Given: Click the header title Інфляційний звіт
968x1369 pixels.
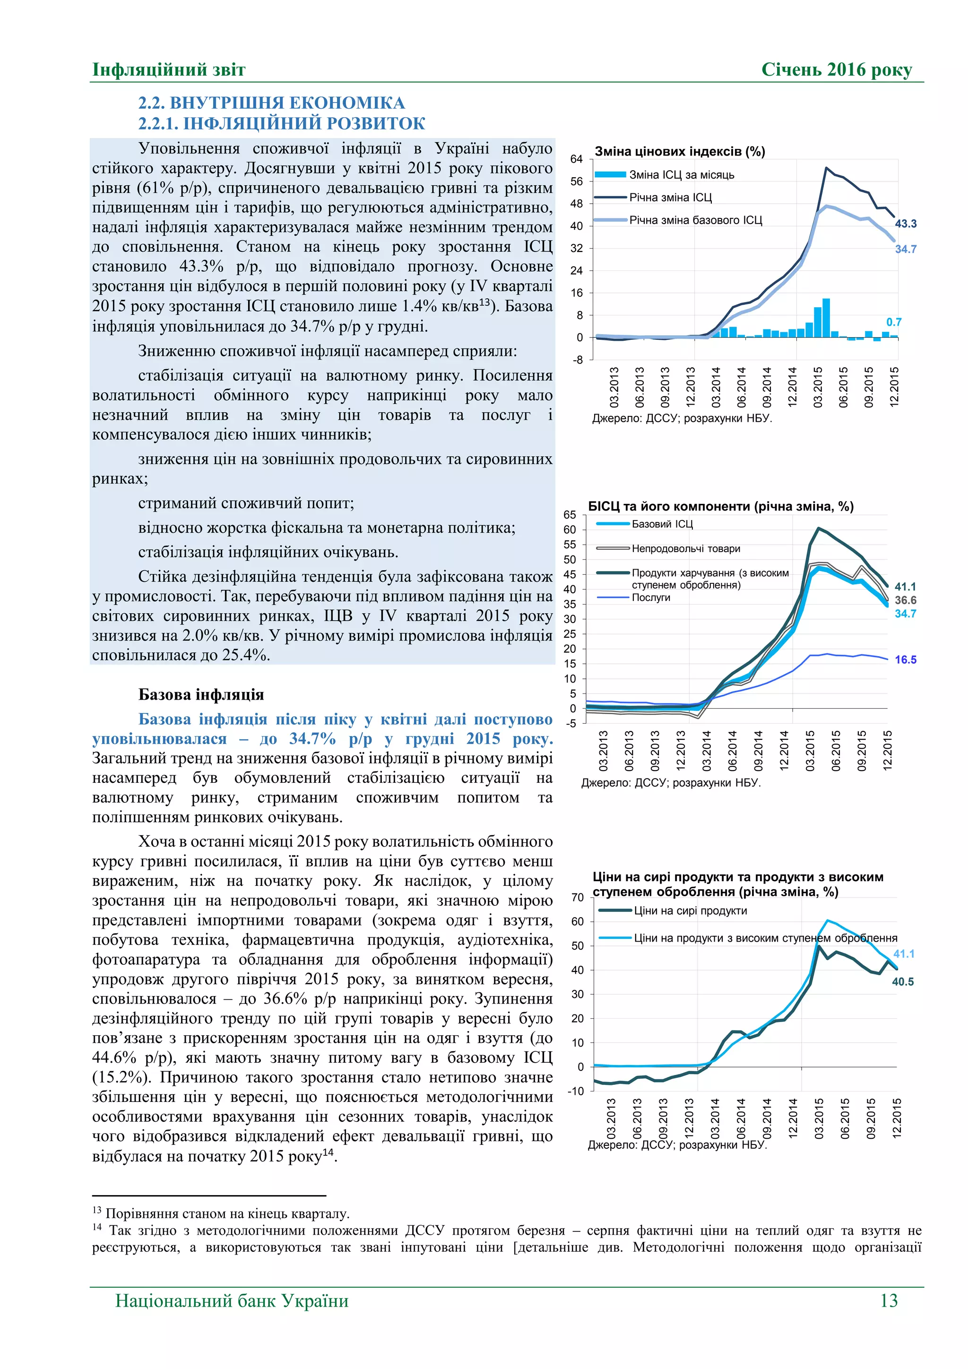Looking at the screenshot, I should coord(169,70).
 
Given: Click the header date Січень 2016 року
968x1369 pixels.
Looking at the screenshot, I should coord(836,70).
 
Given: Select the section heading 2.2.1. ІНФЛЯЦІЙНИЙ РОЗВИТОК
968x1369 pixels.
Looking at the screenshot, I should coord(281,123).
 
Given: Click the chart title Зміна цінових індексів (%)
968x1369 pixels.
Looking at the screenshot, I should coord(680,151).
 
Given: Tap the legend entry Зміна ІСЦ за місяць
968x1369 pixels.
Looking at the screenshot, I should coord(681,175).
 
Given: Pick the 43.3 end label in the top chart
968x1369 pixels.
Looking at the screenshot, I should coord(906,224).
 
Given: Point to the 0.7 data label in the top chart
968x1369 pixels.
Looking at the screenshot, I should coord(893,322).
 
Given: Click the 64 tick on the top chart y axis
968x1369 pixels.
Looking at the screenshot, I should coord(576,159).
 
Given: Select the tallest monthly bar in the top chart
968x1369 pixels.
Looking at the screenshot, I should coord(826,318).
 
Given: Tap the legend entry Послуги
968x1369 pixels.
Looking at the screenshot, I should coord(651,598).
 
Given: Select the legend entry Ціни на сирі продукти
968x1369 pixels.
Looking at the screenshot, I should coord(690,910).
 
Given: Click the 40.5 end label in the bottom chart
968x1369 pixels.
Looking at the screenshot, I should coord(902,981).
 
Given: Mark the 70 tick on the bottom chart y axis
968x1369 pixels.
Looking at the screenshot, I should coord(577,897).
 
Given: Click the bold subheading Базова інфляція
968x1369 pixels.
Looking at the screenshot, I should coord(201,694).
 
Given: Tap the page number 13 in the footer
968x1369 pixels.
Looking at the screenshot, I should coord(888,1300).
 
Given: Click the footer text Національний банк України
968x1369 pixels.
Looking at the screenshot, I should coord(232,1300).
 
